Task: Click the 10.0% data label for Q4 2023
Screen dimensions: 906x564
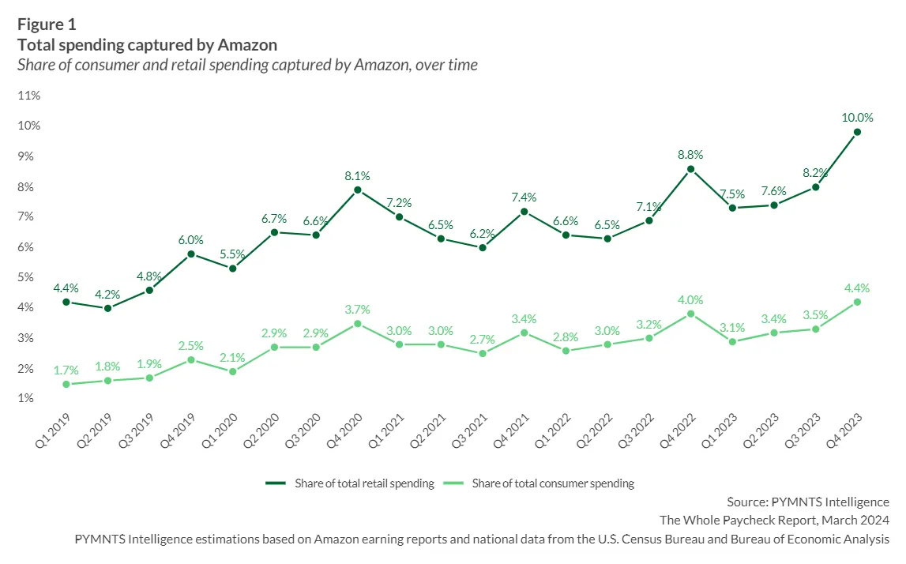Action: tap(857, 118)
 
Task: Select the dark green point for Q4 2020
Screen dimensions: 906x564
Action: tap(358, 190)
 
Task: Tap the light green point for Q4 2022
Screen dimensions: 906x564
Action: tap(690, 314)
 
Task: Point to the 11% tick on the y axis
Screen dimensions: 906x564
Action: tap(29, 96)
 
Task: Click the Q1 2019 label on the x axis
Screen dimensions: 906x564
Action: tap(53, 430)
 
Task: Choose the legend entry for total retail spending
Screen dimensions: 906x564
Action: tap(350, 483)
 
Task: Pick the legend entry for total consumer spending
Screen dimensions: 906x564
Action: tap(539, 483)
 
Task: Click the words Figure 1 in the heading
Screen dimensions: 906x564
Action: tap(47, 24)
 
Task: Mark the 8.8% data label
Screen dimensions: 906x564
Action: tap(690, 154)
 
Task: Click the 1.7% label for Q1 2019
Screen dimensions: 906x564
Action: tap(66, 370)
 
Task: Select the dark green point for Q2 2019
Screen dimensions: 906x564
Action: tap(107, 308)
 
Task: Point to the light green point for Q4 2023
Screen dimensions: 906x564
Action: tap(857, 302)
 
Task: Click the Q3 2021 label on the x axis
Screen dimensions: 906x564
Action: tap(469, 430)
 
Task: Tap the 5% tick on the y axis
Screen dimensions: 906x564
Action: tap(25, 276)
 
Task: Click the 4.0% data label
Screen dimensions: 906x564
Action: tap(690, 300)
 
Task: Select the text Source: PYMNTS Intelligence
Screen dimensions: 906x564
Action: tap(808, 502)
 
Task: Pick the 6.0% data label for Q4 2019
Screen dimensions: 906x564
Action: tap(190, 240)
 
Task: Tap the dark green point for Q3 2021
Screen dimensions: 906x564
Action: tap(483, 247)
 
